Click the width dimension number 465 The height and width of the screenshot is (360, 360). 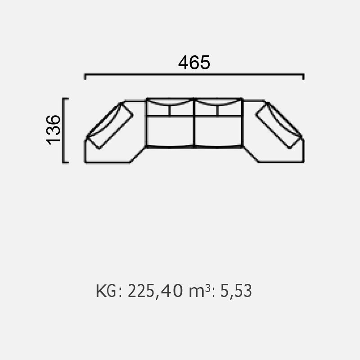pos(194,63)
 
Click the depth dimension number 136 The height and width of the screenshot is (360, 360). pos(53,130)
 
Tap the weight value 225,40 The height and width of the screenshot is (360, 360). pos(155,291)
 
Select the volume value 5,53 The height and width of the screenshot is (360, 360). pos(236,291)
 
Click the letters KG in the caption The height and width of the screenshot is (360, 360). pos(106,291)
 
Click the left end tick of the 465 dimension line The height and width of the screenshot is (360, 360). pos(85,76)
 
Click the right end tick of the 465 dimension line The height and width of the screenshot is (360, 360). pos(303,76)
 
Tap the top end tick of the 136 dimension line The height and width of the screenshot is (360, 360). pos(65,99)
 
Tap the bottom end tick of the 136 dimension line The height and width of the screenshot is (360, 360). pos(65,162)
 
